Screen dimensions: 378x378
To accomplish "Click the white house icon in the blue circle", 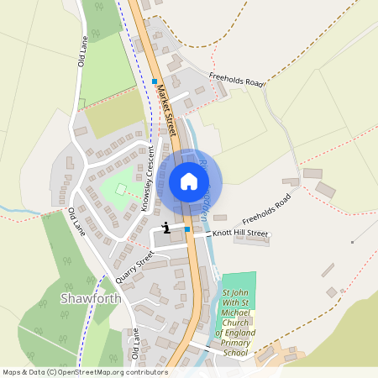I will coord(189,181).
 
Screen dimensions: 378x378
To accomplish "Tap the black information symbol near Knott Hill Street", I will coord(167,227).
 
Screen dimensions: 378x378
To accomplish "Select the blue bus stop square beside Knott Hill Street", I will coord(186,228).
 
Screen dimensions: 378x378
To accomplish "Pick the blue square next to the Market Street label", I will coord(155,81).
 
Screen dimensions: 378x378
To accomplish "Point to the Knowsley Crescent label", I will coord(149,179).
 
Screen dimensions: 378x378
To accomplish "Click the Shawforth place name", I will coord(92,298).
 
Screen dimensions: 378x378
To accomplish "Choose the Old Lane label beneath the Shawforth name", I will coord(134,344).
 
